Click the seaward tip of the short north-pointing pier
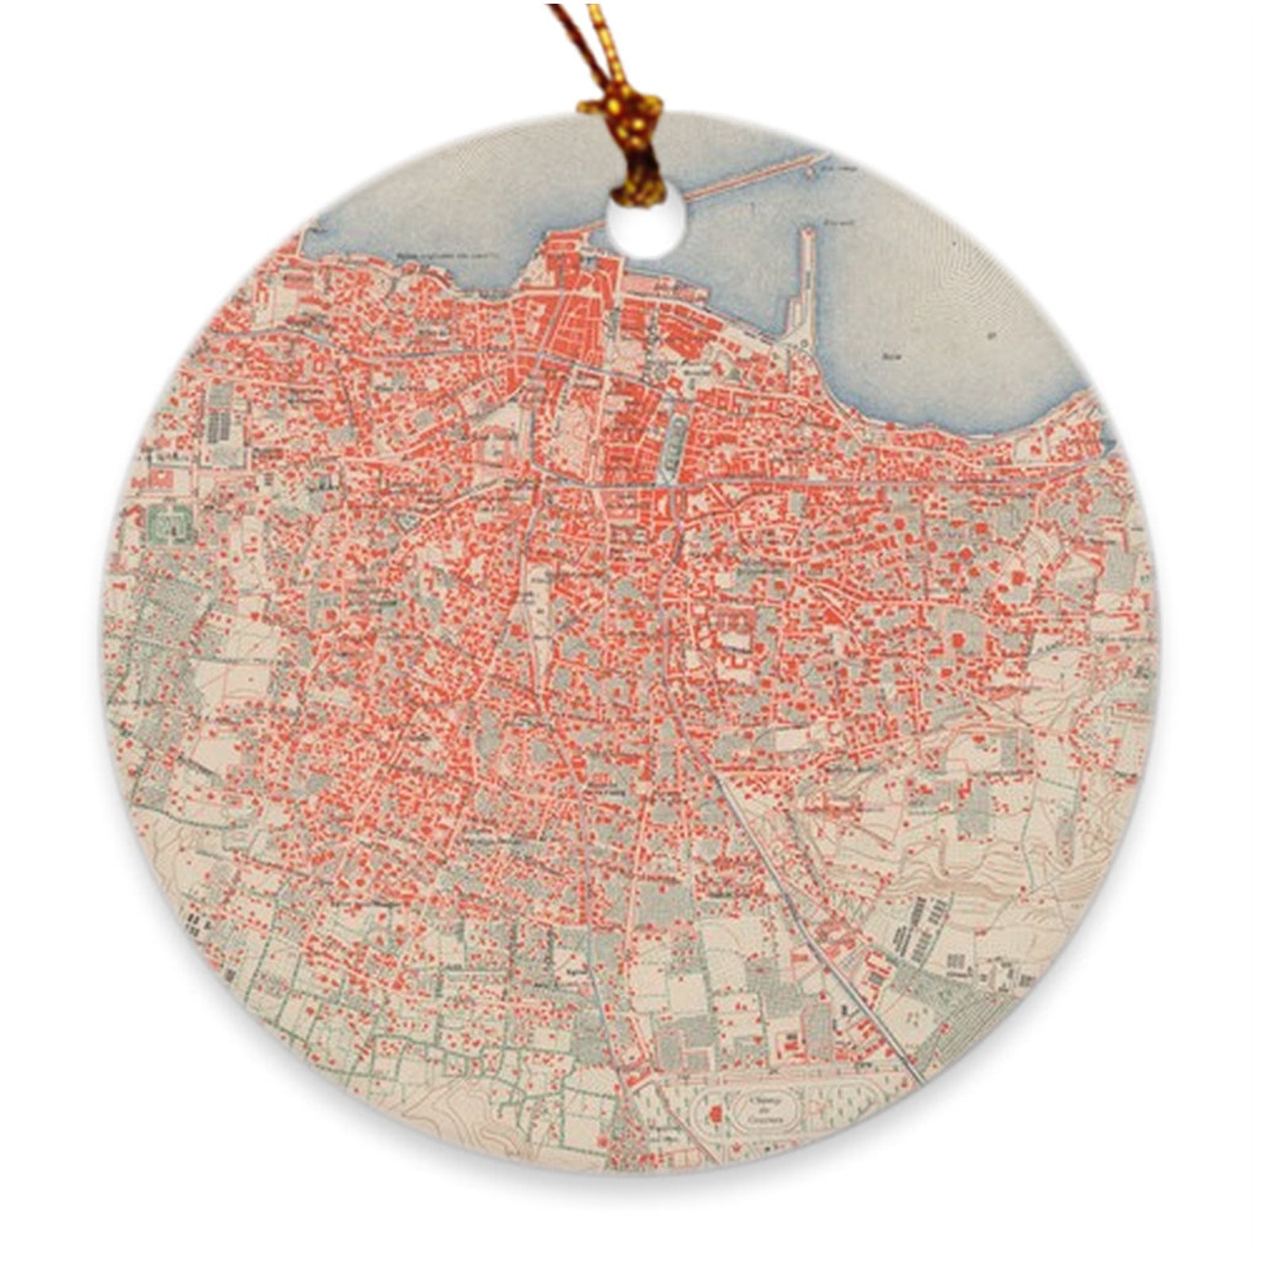(x=807, y=233)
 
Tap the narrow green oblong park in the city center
(x=673, y=449)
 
